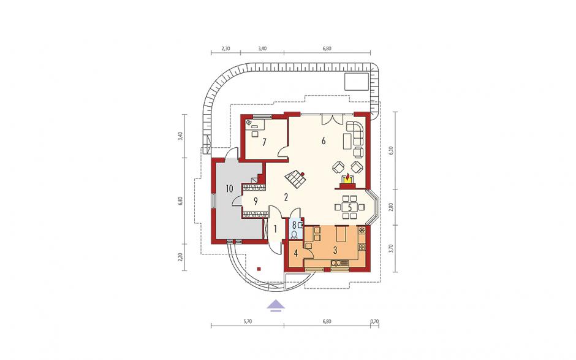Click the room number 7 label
tap(263, 142)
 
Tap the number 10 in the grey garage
tap(229, 189)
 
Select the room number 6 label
tap(324, 140)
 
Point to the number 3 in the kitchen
tap(335, 251)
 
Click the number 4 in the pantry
tap(297, 253)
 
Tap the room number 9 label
tap(256, 202)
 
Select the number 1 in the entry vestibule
tap(275, 229)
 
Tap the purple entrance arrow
tap(276, 305)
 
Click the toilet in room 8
tap(295, 234)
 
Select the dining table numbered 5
tap(349, 207)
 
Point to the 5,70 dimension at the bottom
tap(248, 321)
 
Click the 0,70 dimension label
tap(374, 321)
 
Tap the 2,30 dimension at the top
tap(225, 48)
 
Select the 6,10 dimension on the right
tap(391, 151)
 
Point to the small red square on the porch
tap(259, 269)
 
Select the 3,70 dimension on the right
tap(391, 248)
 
